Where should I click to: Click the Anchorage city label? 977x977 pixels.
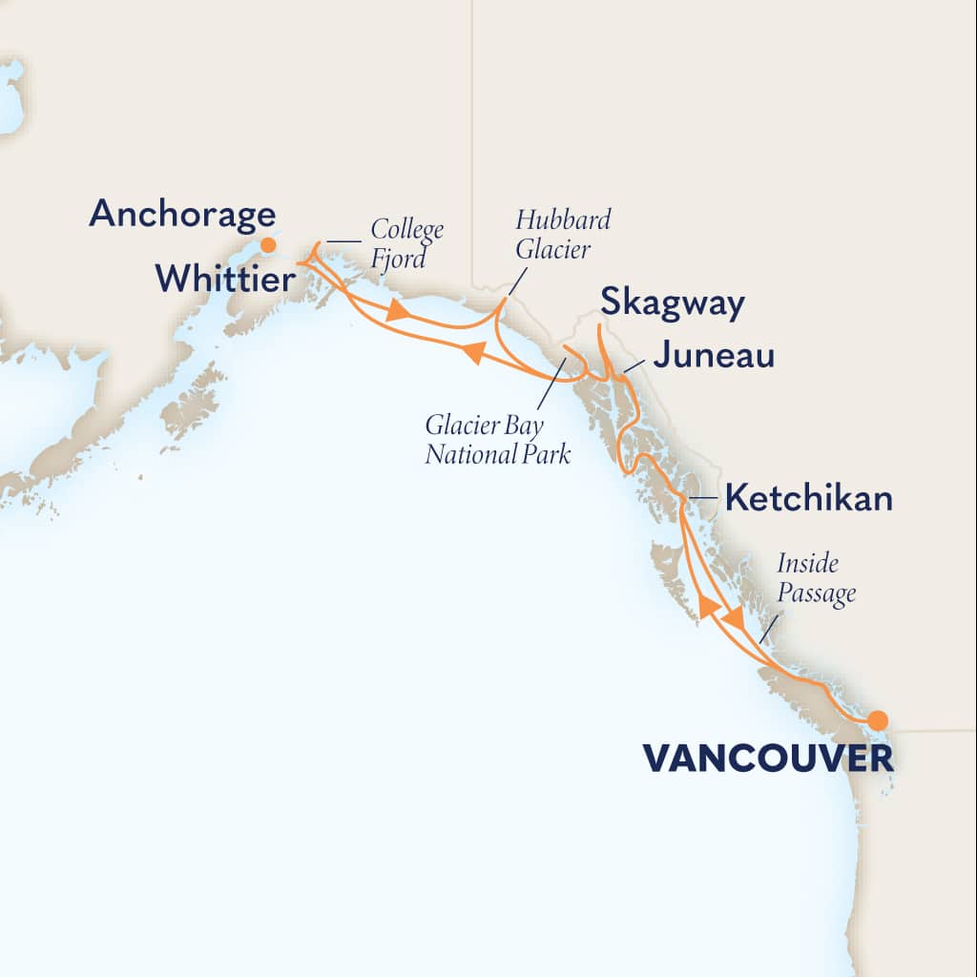[182, 214]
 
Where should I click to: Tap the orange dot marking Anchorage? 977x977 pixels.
[269, 245]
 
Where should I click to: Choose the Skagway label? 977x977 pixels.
[672, 304]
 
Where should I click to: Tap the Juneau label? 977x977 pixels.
[714, 357]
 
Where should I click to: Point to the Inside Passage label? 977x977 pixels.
[816, 578]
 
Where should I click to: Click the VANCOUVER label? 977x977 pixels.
[768, 759]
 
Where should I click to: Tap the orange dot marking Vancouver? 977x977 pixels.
[877, 720]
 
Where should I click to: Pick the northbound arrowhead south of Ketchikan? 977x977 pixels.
[706, 606]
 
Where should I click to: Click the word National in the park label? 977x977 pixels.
[464, 454]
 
